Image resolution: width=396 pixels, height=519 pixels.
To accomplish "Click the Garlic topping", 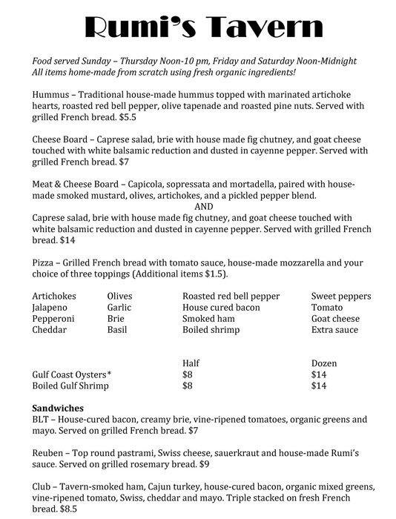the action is pos(119,307).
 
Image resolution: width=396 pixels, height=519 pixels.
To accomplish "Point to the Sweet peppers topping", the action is pos(340,296).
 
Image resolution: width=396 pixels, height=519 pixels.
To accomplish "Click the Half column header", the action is pos(191,363).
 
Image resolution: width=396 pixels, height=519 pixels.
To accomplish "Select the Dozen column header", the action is pos(324,363).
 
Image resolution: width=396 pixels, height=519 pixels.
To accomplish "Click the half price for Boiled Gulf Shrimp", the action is pos(188,386).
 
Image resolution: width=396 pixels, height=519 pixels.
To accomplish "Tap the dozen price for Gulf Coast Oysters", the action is pos(320,374).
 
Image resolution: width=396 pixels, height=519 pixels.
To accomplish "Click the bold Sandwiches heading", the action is pos(59,408).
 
